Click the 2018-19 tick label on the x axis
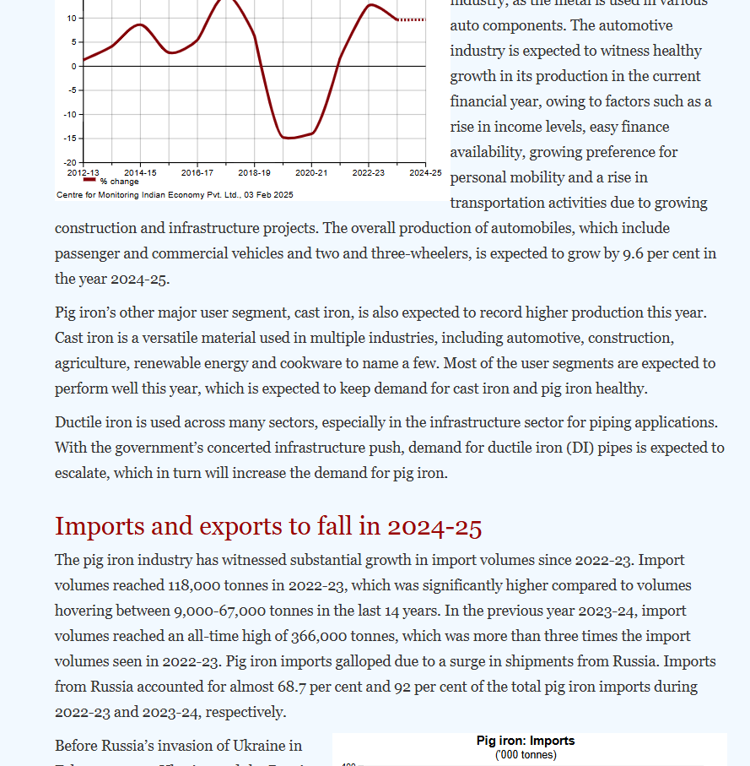coord(254,172)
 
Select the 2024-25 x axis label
coord(424,172)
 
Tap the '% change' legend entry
coord(119,182)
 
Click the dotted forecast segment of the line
coord(413,19)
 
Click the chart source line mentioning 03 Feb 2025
coord(175,195)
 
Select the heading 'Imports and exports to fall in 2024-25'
coord(268,526)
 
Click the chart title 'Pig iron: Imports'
coord(526,741)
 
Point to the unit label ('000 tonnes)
coord(526,754)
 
